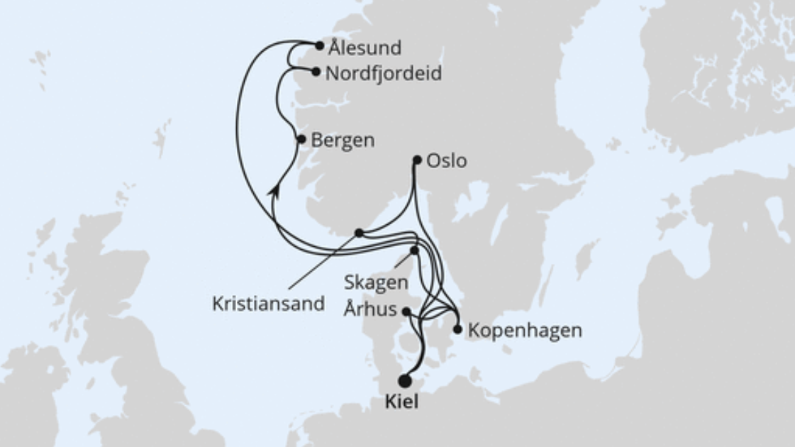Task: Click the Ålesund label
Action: [365, 48]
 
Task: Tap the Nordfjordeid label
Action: [384, 73]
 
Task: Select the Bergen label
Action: [343, 140]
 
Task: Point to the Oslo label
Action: [446, 161]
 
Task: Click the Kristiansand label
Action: [268, 304]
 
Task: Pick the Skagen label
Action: [376, 282]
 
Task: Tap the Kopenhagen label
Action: [526, 331]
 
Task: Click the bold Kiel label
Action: [401, 402]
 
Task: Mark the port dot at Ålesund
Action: [319, 45]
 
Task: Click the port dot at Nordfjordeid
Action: [316, 71]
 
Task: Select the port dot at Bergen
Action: [301, 139]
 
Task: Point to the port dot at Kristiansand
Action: [359, 233]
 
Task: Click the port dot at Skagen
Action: [414, 250]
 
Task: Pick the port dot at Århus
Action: [406, 311]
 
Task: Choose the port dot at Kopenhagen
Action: [457, 329]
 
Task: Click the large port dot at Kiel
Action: [405, 381]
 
